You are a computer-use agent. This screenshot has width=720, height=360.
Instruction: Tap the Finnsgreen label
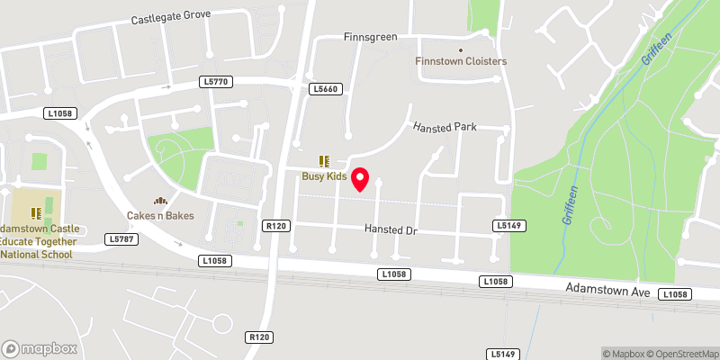coord(370,38)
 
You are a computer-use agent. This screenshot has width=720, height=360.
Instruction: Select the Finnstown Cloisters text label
coord(461,61)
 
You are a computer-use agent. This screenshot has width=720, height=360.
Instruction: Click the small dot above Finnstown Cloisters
coord(461,49)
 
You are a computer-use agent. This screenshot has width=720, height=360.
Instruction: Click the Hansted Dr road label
coord(392,229)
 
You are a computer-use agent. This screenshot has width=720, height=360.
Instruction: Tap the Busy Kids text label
coord(324,176)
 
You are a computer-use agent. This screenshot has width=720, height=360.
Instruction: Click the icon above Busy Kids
coord(324,162)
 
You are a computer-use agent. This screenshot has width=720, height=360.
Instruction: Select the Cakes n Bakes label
coord(160,215)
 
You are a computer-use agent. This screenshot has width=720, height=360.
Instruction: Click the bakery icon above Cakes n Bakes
coord(160,202)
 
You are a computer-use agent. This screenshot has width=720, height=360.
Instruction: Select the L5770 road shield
coord(217,82)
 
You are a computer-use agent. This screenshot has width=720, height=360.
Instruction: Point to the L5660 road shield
coord(324,89)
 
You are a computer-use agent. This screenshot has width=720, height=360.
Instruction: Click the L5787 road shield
coord(120,238)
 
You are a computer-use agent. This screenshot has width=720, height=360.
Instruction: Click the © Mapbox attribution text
coord(625,353)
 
